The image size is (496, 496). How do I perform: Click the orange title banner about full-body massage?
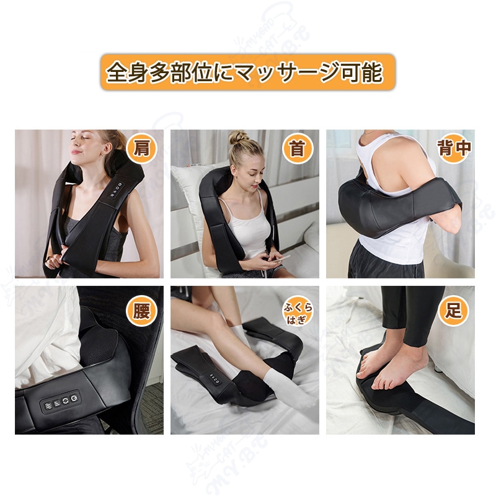pos(247,72)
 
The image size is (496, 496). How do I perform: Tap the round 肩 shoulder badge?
pos(141,148)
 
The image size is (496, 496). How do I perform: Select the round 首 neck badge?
pos(298,148)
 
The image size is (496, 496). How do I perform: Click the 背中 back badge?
pos(454,148)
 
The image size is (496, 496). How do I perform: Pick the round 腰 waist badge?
pos(141,311)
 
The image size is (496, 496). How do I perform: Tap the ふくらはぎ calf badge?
pos(298,311)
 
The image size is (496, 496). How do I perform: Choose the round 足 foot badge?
pos(453,311)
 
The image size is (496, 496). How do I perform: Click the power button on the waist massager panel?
pos(74,397)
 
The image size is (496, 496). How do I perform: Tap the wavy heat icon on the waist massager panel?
pos(48,406)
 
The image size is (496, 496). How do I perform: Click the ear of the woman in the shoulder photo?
pos(106,149)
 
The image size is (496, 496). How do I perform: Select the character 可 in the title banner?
pos(353,73)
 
